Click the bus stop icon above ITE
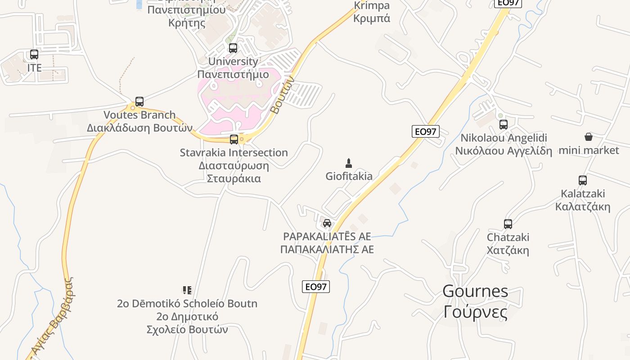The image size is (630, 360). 34,54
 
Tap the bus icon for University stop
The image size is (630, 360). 233,48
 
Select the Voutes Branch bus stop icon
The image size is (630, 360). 139,102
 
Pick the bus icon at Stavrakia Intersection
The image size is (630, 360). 234,139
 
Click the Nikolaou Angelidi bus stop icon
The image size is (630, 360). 504,124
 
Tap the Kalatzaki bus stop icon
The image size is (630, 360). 583,180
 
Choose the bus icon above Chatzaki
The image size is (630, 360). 508,224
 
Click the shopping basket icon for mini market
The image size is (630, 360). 589,137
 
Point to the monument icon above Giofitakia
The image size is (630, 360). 348,162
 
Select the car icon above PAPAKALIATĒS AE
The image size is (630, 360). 327,223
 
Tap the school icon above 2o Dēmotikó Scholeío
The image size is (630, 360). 187,290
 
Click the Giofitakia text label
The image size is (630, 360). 349,176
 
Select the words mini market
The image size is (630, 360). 589,150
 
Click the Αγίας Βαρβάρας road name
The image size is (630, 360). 53,315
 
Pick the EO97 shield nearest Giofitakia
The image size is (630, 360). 425,131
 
